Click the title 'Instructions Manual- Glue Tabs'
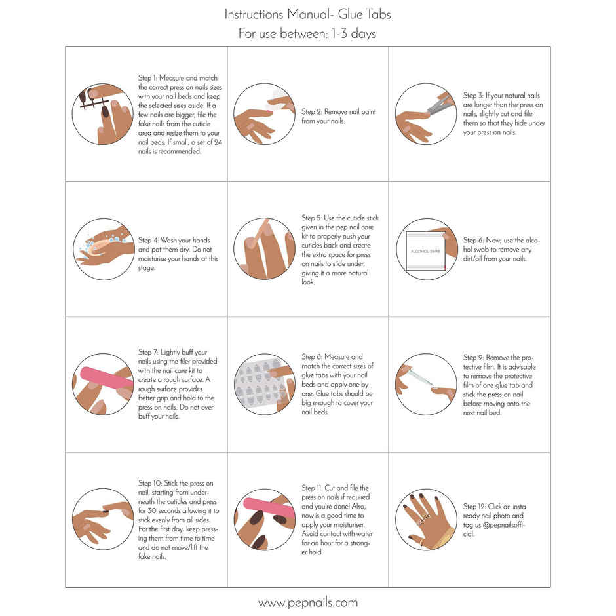click(x=307, y=14)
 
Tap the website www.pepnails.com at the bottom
click(x=307, y=602)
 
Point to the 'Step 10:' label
click(x=150, y=484)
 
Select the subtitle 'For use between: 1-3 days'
click(x=307, y=34)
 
